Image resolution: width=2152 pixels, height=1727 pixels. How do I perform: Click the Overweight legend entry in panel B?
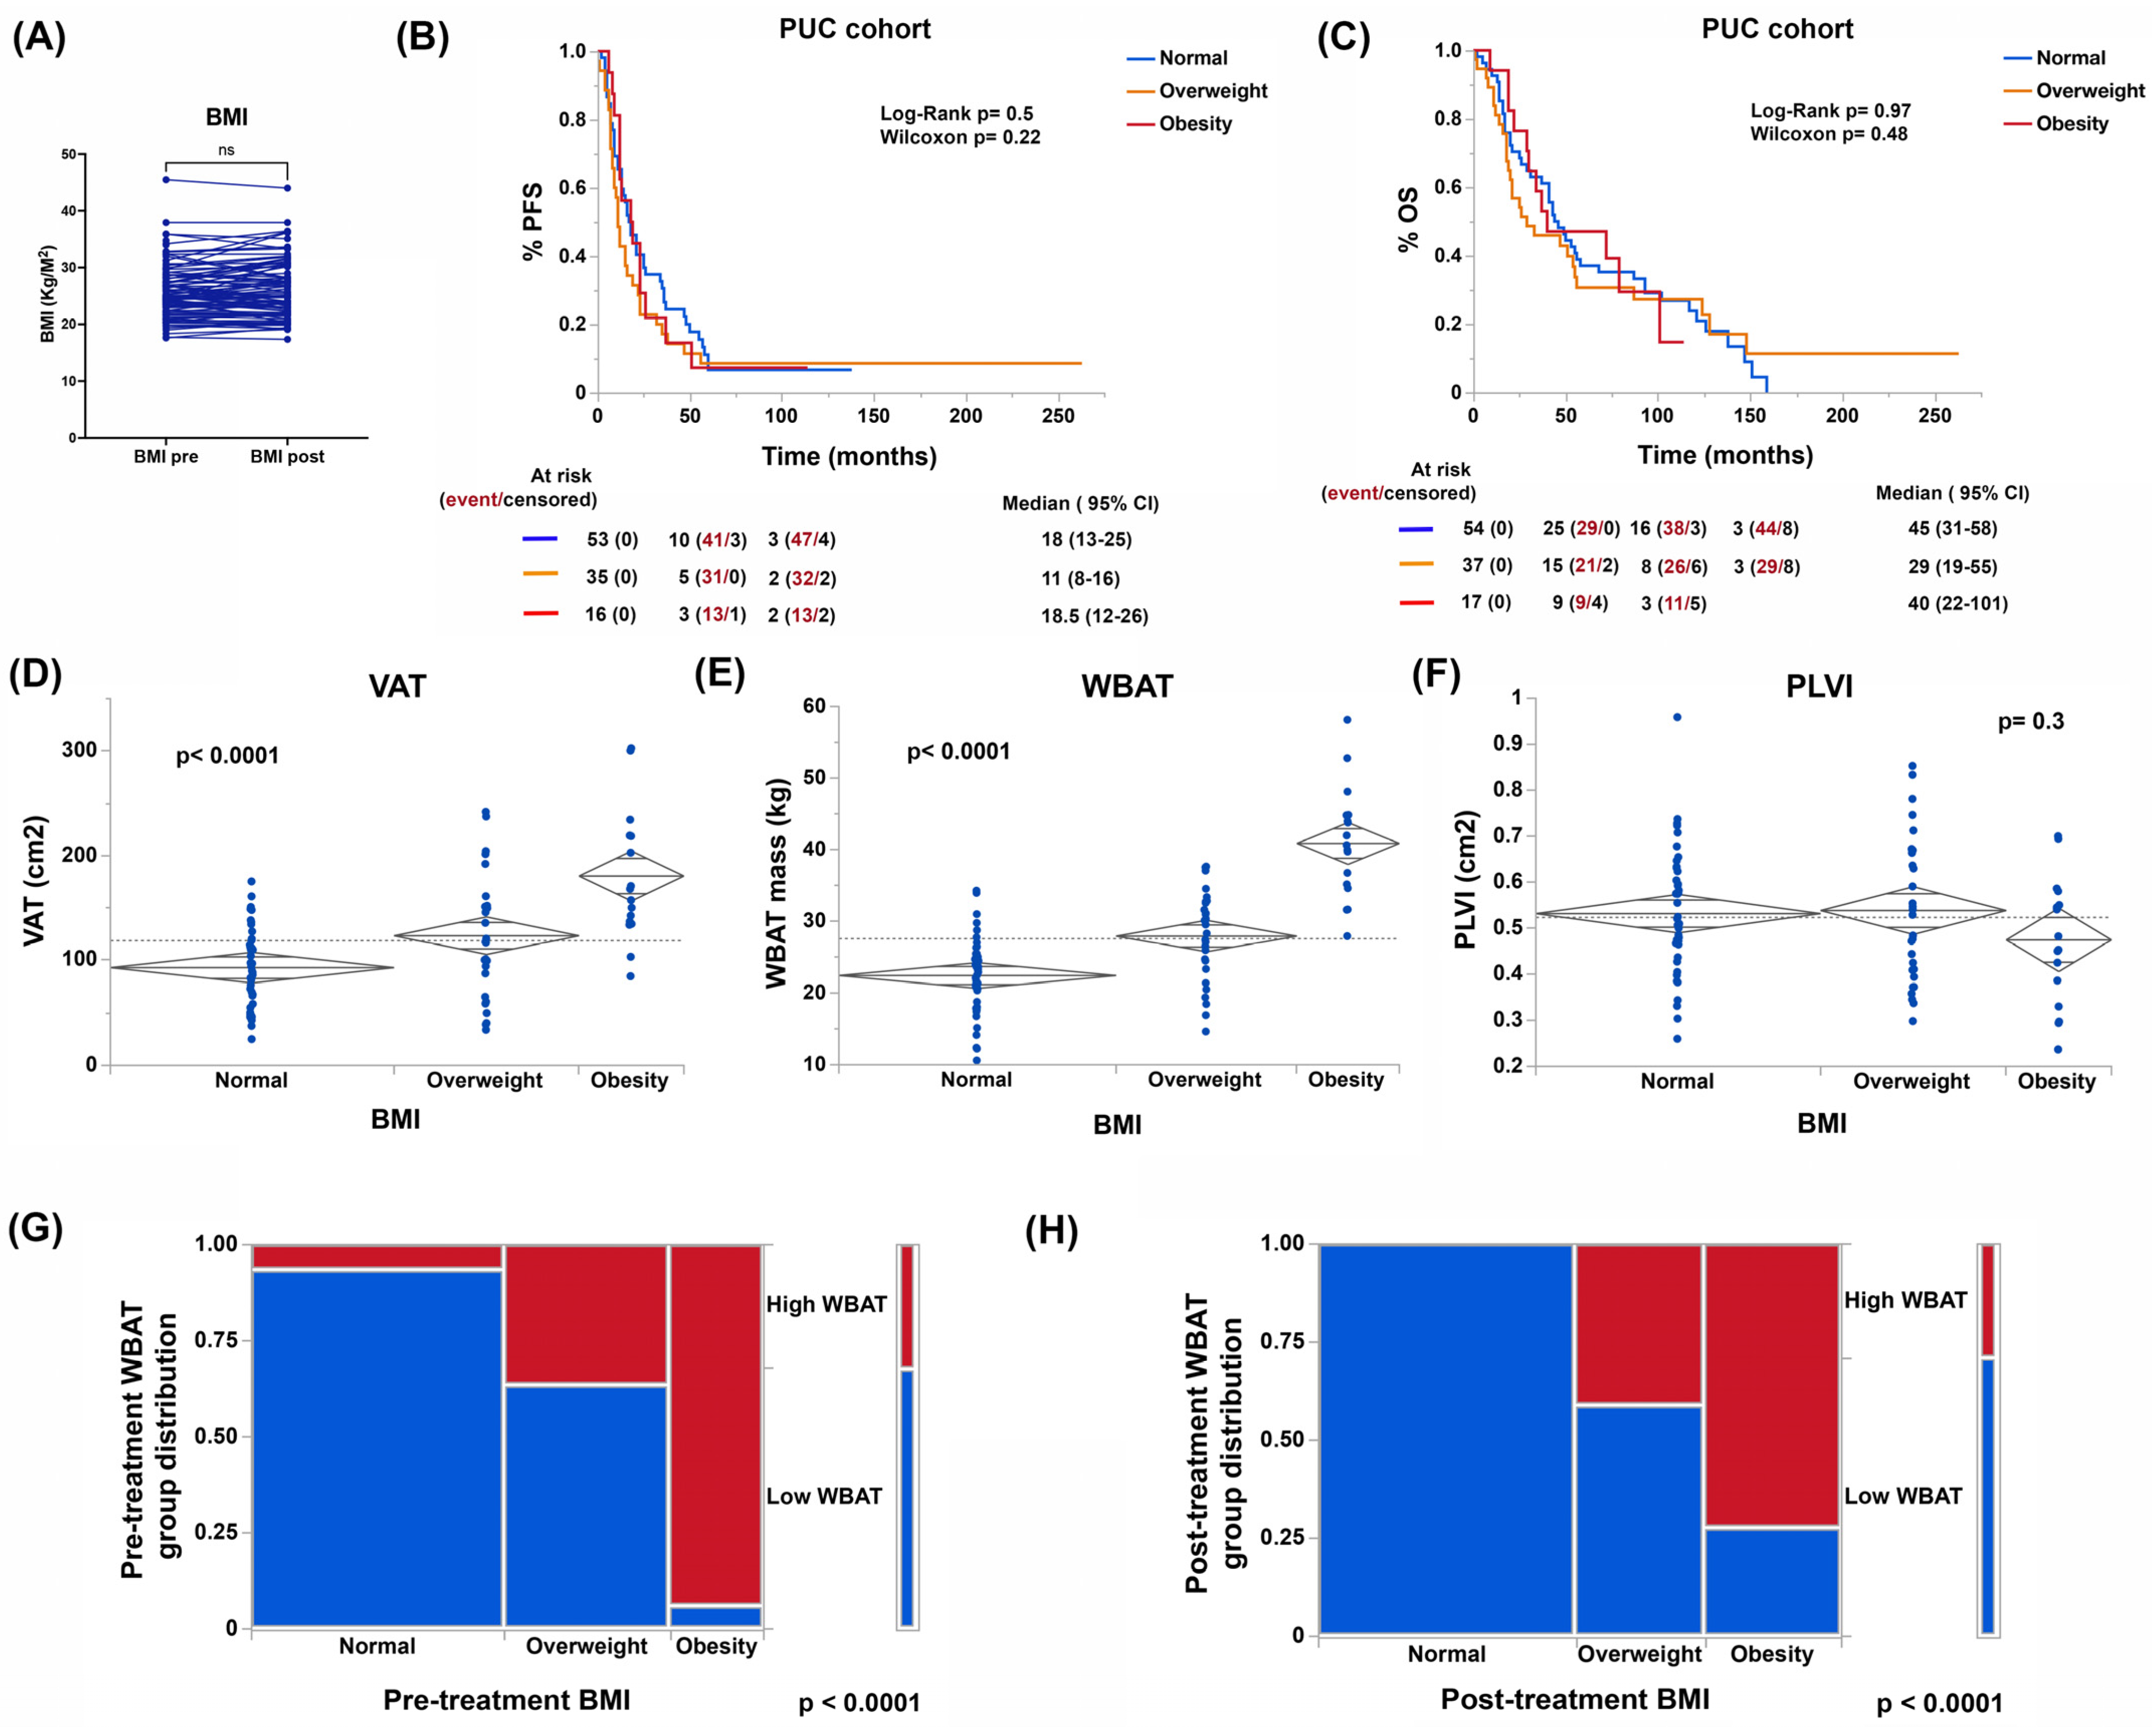(x=1212, y=91)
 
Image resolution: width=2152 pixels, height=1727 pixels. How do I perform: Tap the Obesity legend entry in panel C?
(x=2071, y=124)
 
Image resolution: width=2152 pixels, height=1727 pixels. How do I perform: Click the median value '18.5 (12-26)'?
(x=1094, y=616)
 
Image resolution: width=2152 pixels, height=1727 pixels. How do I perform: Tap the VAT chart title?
(x=397, y=687)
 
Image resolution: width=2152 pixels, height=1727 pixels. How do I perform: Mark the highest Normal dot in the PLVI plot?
(x=1677, y=717)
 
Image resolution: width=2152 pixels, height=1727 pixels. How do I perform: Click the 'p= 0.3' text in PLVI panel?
(x=2030, y=722)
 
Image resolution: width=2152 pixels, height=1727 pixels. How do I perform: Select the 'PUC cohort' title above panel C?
(x=1777, y=29)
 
